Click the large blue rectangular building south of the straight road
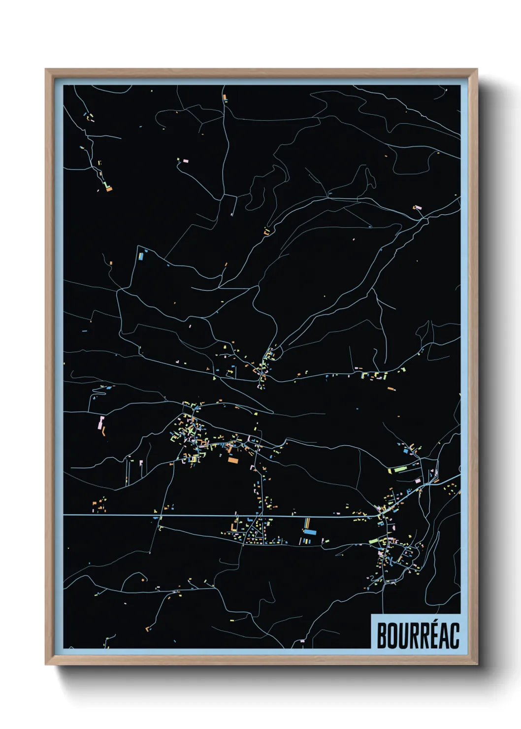[x=310, y=532]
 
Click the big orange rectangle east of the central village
[x=232, y=461]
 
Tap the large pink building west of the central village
[x=101, y=423]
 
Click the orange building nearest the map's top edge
[x=225, y=97]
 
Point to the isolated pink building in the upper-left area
[x=186, y=161]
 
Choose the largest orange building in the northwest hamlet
[x=109, y=188]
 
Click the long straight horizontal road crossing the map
[x=148, y=515]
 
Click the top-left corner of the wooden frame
[x=46, y=69]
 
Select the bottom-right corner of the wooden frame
[x=477, y=665]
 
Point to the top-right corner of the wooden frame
[x=477, y=69]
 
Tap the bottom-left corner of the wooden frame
[x=46, y=665]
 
